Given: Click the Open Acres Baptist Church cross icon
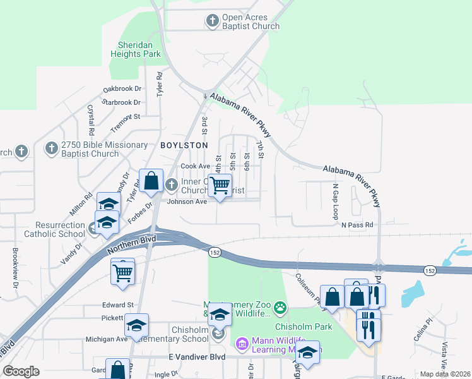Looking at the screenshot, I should (213, 21).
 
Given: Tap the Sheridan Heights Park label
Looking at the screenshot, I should (139, 49).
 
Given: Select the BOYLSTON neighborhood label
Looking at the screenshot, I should (184, 145).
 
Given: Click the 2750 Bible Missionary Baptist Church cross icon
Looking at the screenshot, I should (51, 149).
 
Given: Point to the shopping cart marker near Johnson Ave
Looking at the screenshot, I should (220, 186).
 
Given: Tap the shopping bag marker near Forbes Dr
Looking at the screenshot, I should (151, 181).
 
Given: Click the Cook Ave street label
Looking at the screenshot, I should (195, 166).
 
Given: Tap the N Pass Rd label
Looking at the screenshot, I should (357, 225).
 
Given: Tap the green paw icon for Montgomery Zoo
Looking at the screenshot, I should (280, 308).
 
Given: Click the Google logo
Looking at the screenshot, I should (21, 371).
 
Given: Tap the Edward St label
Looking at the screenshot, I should (118, 304).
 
